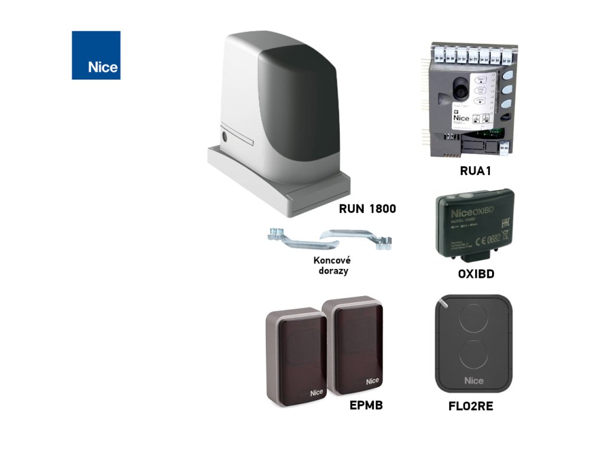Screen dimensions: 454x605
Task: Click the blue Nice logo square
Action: [x=96, y=55]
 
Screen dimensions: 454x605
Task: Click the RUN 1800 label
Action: [x=367, y=209]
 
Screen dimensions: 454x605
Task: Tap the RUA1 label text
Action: [x=476, y=171]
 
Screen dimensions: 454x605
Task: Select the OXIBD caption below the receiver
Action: [x=476, y=274]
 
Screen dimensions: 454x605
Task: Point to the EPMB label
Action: [x=366, y=405]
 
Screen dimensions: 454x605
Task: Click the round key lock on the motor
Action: [x=225, y=137]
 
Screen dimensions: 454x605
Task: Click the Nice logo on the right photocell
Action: [x=372, y=381]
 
